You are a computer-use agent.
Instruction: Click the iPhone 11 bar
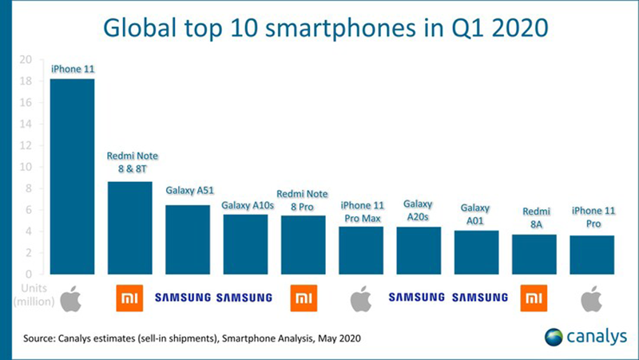[72, 176]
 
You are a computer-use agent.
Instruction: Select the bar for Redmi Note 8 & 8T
[129, 227]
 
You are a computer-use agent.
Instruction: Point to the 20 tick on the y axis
[26, 60]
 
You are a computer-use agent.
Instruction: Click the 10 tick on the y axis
[26, 168]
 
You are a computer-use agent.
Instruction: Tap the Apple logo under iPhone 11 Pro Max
[361, 298]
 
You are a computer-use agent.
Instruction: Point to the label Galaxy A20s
[419, 211]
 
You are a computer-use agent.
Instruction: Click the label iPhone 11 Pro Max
[361, 212]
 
